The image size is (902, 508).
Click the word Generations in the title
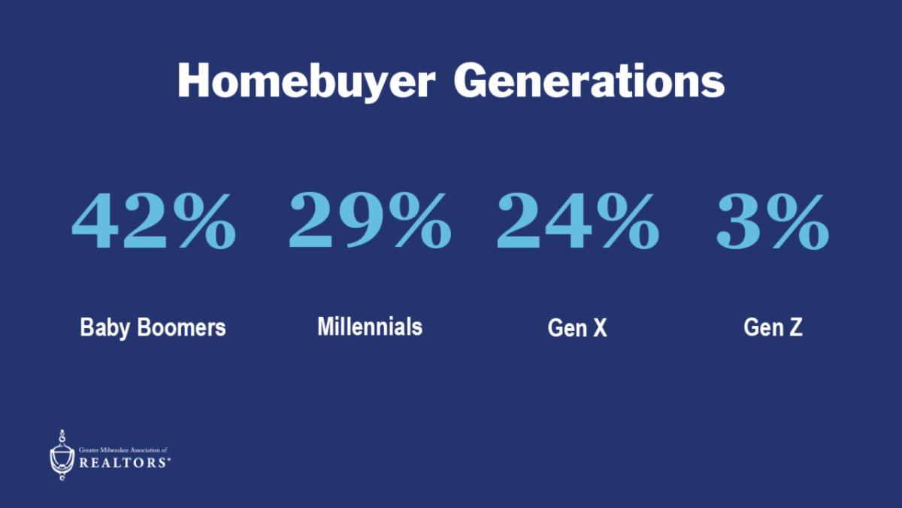[589, 80]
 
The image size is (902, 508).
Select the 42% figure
[153, 221]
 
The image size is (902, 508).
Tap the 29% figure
[370, 221]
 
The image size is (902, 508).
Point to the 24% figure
[578, 221]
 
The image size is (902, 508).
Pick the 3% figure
[773, 221]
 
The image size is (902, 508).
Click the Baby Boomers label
[153, 327]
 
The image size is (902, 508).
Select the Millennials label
[370, 326]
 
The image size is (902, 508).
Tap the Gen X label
[577, 327]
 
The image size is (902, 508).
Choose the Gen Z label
[773, 327]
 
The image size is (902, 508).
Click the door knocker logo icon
[62, 455]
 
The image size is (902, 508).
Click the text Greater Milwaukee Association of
[123, 450]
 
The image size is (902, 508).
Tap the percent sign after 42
[204, 221]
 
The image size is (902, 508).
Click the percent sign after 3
[798, 222]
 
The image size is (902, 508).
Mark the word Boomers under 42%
[181, 327]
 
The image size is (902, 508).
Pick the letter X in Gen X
[600, 327]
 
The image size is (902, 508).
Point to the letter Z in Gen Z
[796, 327]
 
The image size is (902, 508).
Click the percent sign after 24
[628, 221]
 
